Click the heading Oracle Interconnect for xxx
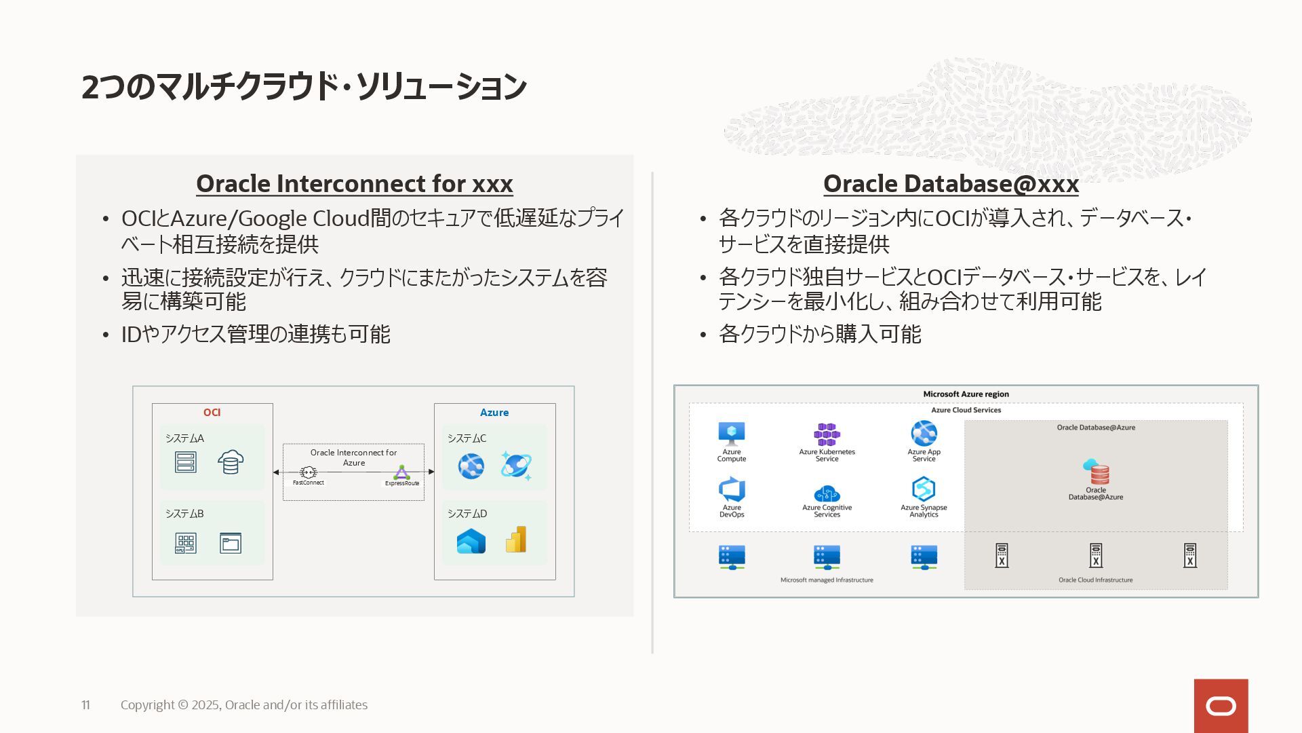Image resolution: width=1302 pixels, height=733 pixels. [354, 184]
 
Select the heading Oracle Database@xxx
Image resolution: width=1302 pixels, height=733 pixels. [951, 184]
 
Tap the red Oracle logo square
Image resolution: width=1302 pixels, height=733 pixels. [1221, 706]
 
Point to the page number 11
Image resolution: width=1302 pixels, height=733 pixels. [85, 705]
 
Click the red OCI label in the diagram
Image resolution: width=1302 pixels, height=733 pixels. [212, 413]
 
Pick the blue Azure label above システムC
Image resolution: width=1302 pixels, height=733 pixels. [494, 413]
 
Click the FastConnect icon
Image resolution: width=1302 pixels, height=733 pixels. [309, 472]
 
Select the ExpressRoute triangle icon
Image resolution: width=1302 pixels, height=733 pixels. [402, 472]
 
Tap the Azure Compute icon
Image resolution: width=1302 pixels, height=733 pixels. [732, 434]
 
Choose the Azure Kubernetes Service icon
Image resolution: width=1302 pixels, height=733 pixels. [827, 434]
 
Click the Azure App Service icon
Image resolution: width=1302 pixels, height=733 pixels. [924, 433]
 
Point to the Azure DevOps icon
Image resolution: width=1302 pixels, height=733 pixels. [732, 489]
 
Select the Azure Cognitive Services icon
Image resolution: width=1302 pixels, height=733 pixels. [827, 493]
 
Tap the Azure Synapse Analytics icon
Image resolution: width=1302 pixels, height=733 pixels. [924, 489]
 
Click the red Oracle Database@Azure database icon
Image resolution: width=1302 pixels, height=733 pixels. [1096, 472]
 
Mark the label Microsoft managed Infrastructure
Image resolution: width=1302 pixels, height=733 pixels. [827, 580]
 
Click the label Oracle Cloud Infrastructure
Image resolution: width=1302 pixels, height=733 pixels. [1096, 580]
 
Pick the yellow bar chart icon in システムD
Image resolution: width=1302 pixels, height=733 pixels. [516, 540]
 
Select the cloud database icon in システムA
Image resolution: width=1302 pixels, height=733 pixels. [231, 462]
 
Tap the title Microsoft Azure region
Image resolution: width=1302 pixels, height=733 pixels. [966, 394]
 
